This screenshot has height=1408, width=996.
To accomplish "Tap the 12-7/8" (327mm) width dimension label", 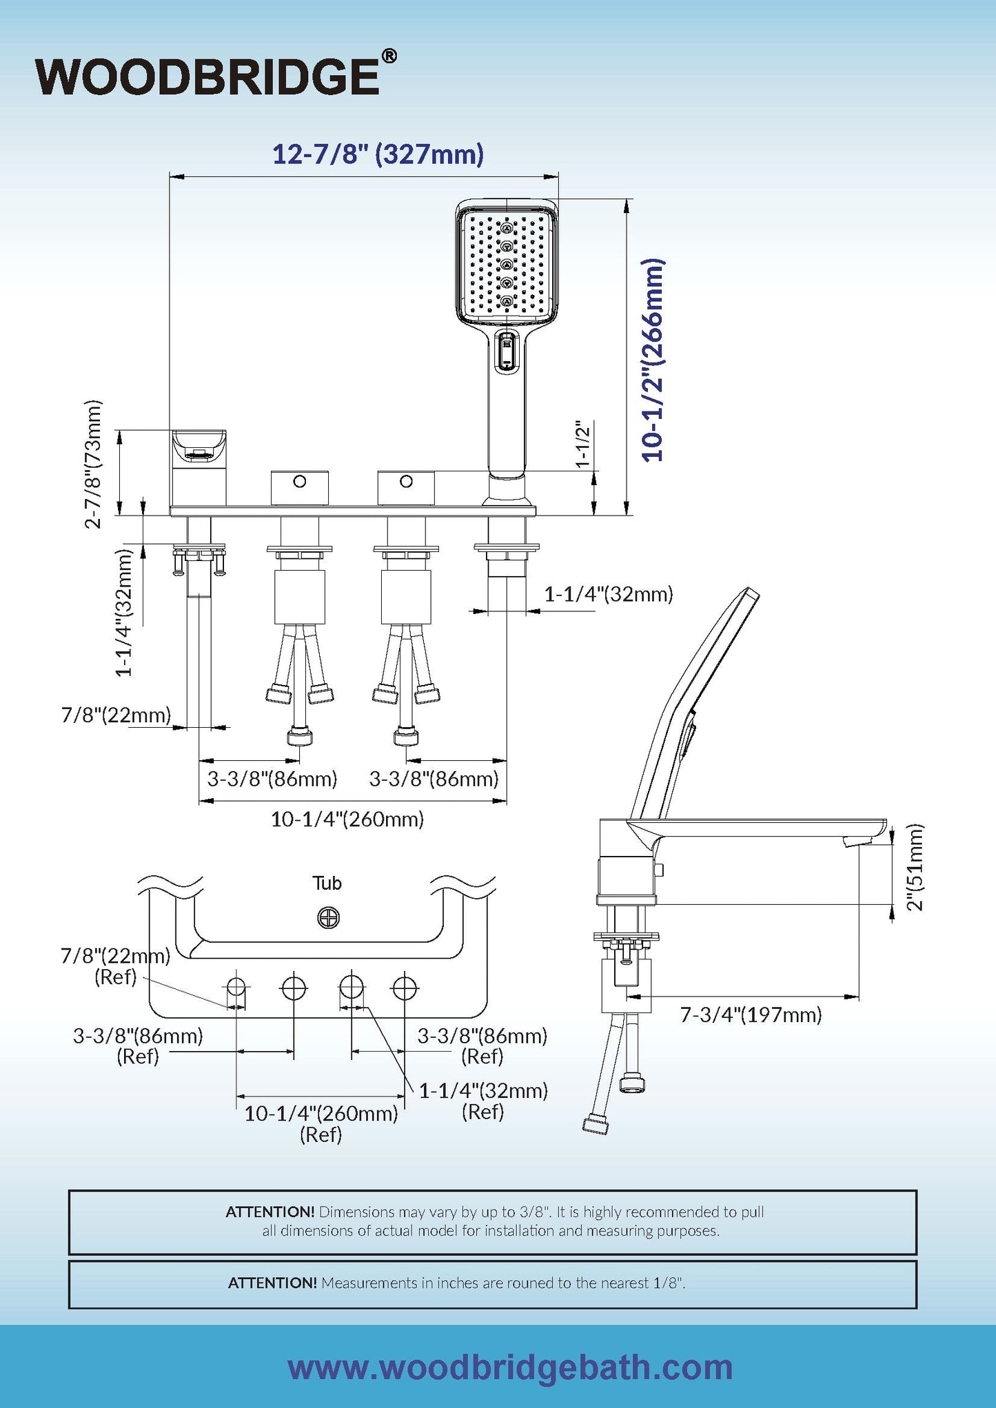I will pyautogui.click(x=378, y=154).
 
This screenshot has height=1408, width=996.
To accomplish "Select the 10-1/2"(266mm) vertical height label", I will pyautogui.click(x=652, y=360).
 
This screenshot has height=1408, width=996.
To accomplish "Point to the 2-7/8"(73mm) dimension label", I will pyautogui.click(x=93, y=464).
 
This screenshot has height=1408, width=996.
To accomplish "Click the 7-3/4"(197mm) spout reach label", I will pyautogui.click(x=751, y=1014).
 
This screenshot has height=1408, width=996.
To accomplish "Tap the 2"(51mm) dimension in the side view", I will pyautogui.click(x=915, y=867).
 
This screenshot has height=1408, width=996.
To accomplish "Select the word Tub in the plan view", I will pyautogui.click(x=327, y=883).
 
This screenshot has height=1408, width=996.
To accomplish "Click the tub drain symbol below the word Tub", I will pyautogui.click(x=329, y=917).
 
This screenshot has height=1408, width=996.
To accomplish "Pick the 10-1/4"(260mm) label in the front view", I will pyautogui.click(x=347, y=819).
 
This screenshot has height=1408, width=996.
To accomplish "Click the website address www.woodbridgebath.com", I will pyautogui.click(x=510, y=1367).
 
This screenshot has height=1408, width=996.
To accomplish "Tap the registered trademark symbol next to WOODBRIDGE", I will pyautogui.click(x=389, y=57).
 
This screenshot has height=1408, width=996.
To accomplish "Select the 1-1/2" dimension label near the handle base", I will pyautogui.click(x=583, y=444).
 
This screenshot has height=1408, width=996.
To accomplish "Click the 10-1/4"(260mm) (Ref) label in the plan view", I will pyautogui.click(x=321, y=1124).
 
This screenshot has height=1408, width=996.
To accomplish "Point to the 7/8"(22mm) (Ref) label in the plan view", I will pyautogui.click(x=115, y=966).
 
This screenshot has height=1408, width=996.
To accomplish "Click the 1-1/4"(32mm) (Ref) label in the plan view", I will pyautogui.click(x=483, y=1101).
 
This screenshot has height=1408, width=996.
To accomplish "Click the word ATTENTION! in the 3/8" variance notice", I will pyautogui.click(x=270, y=1212).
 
